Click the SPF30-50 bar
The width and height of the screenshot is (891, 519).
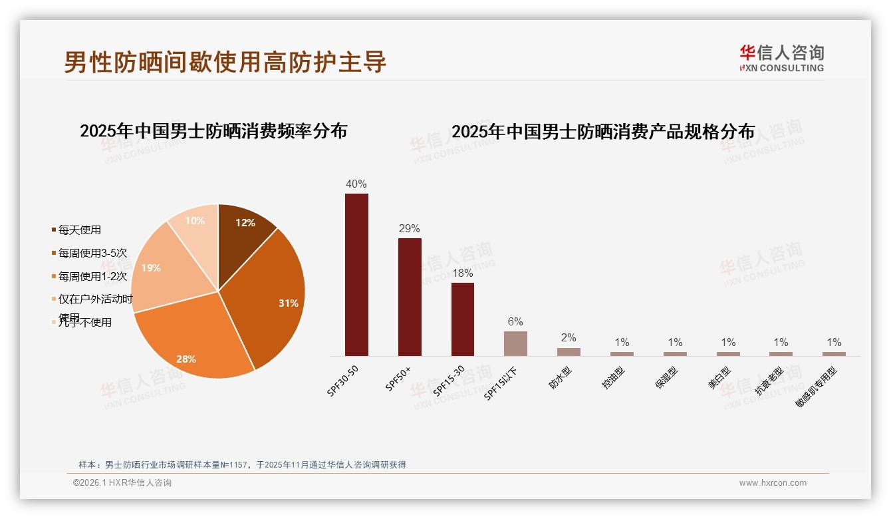356,274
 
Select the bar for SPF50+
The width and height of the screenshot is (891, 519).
410,297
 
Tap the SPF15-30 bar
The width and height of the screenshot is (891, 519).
463,319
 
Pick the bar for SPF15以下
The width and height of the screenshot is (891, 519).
515,343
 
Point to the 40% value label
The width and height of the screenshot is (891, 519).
356,184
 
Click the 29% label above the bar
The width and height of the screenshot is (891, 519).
410,229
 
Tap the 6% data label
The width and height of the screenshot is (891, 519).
515,322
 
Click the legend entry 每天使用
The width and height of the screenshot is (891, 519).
79,230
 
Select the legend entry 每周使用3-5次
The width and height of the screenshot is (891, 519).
92,253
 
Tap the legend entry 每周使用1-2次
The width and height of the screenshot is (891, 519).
92,276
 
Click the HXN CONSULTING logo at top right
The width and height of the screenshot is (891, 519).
782,58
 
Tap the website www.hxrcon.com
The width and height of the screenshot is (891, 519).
773,483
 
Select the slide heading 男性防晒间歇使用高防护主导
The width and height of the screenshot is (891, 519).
225,62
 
